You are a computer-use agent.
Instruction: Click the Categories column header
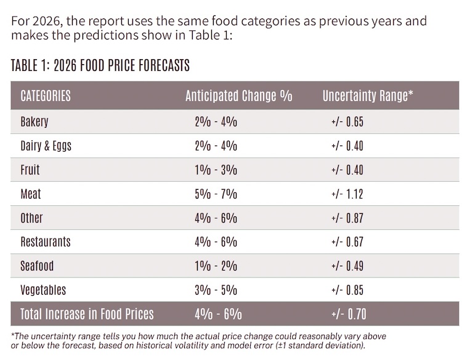click(x=46, y=96)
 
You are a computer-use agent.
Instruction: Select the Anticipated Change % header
click(x=238, y=96)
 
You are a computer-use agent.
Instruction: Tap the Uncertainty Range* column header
click(x=368, y=96)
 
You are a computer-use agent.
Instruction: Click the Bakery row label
click(x=34, y=122)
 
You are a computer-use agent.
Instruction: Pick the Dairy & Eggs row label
click(x=46, y=146)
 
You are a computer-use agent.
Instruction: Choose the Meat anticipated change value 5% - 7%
click(x=216, y=194)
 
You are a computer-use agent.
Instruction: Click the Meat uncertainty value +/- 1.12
click(x=347, y=194)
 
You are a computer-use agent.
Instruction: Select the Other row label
click(x=32, y=218)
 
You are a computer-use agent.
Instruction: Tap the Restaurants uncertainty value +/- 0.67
click(x=347, y=242)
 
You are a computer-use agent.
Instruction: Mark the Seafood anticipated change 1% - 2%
click(x=216, y=266)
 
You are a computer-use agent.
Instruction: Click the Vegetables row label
click(x=43, y=290)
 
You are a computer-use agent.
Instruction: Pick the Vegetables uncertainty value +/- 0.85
click(x=347, y=290)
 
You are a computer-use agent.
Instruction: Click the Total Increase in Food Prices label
click(x=87, y=314)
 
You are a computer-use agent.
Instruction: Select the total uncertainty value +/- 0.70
click(x=349, y=314)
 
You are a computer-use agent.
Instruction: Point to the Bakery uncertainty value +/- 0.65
click(x=347, y=122)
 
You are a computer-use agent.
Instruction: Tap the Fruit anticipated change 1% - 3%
click(x=216, y=170)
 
